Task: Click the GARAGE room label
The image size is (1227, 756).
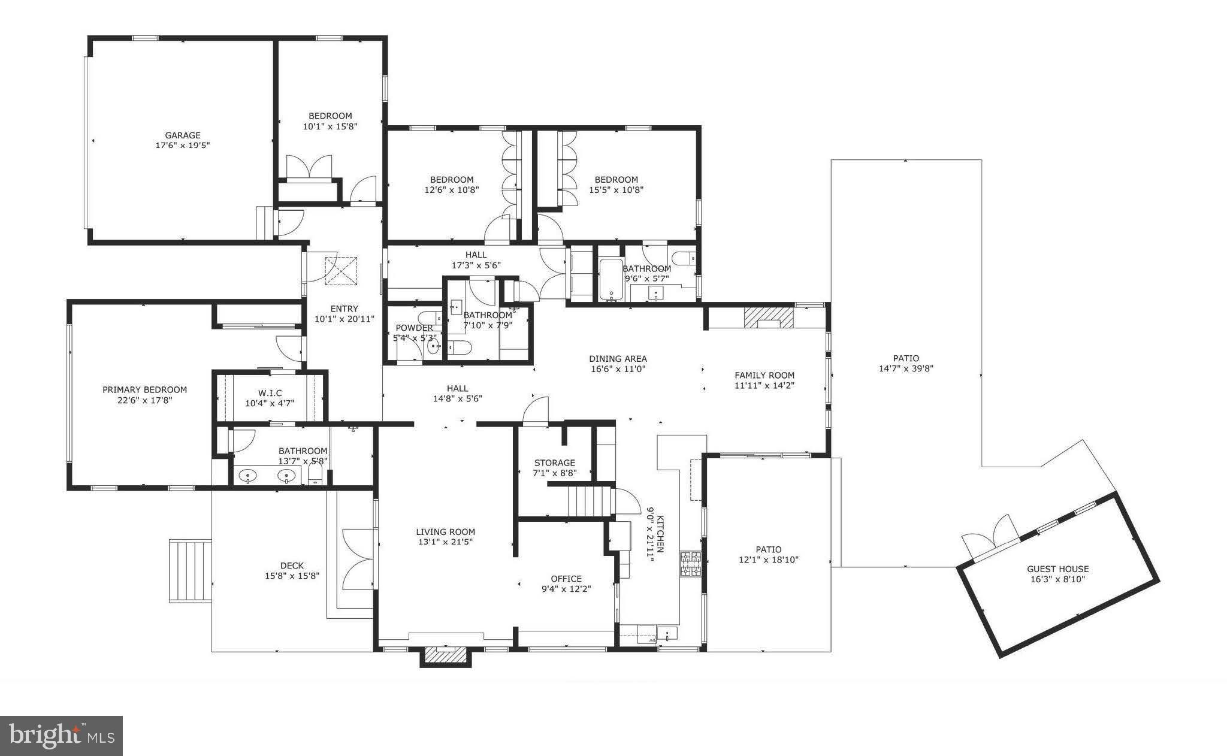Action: [x=183, y=135]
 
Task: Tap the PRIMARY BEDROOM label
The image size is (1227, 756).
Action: [x=144, y=389]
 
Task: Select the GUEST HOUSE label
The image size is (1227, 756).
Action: [x=1057, y=569]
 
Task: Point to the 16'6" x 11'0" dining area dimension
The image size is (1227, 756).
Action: [x=618, y=369]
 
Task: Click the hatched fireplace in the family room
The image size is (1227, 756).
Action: [x=769, y=317]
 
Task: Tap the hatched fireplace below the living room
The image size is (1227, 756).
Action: [x=445, y=655]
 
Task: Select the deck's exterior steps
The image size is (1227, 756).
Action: [x=191, y=570]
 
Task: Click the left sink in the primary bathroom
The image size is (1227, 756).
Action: [x=248, y=476]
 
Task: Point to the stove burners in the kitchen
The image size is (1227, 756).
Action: [x=690, y=564]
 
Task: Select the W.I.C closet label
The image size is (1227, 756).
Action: [x=270, y=393]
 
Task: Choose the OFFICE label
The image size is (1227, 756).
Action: [x=566, y=579]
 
